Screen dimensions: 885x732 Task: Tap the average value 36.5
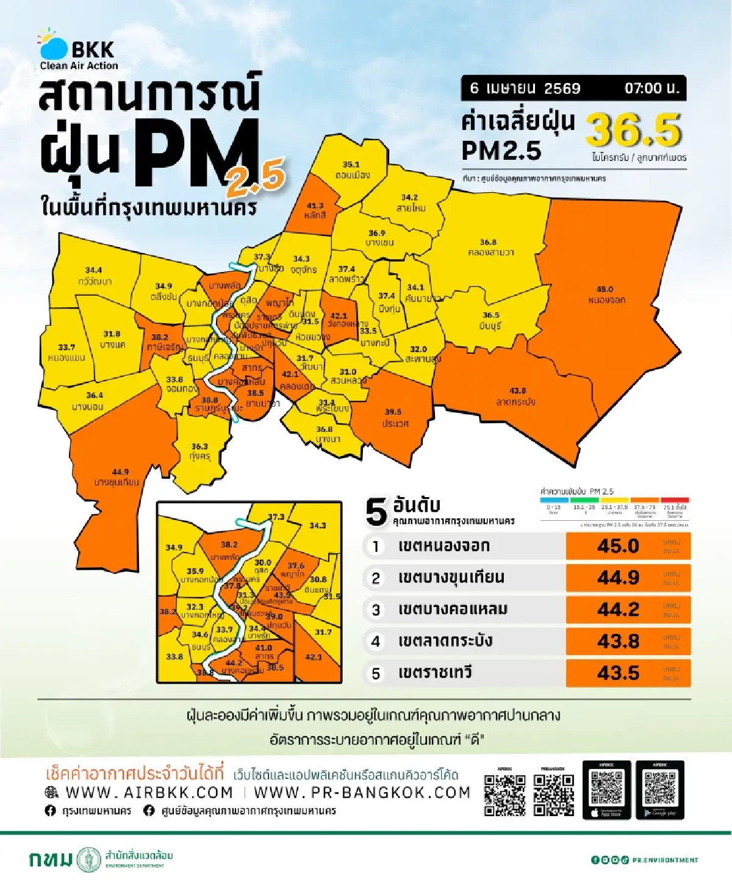point(633,131)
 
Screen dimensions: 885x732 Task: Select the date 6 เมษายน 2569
point(525,88)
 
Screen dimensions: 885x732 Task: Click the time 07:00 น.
point(651,88)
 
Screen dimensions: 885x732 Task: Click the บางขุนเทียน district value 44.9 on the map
point(120,472)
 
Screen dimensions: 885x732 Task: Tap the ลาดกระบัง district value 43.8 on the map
point(517,391)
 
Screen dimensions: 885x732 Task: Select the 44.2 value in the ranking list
point(618,609)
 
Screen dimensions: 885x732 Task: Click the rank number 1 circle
point(376,546)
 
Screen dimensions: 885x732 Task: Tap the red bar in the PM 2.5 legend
point(675,500)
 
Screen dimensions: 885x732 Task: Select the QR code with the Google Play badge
point(659,790)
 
